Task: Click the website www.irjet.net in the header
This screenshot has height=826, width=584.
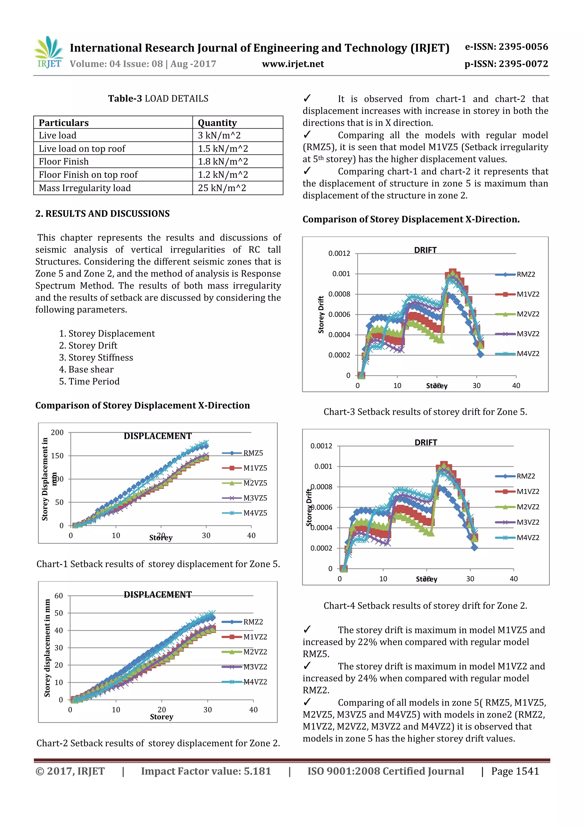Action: tap(293, 64)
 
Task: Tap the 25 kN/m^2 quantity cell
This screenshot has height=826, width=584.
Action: tap(222, 188)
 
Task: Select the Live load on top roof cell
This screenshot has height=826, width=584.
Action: tap(82, 149)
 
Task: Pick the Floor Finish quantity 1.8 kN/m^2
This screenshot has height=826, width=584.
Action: tap(223, 162)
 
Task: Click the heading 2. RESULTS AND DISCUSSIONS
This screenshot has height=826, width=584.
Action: tap(103, 214)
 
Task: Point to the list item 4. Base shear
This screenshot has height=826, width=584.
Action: tap(86, 370)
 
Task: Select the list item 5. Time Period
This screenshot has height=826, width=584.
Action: tap(89, 381)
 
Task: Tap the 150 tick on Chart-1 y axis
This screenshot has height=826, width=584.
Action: tap(57, 456)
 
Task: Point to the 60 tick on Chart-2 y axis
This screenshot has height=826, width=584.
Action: tap(59, 596)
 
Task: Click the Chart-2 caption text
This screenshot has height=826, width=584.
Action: tap(158, 743)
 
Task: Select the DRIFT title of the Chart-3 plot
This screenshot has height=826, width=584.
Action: tap(425, 250)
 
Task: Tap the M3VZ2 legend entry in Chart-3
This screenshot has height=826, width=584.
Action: tap(528, 334)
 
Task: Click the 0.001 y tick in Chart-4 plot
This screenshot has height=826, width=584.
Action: tap(323, 467)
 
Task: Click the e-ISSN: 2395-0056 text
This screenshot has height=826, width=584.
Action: tap(506, 47)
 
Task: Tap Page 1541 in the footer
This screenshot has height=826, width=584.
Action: tap(515, 771)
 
